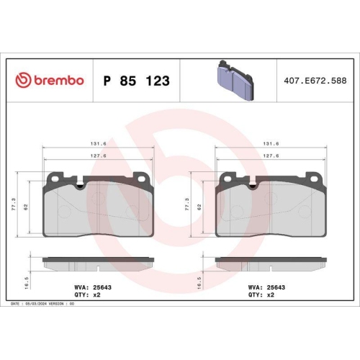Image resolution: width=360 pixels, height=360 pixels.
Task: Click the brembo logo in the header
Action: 50,81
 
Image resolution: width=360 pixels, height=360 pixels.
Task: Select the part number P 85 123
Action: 137,81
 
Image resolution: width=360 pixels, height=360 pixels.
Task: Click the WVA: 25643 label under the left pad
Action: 92,286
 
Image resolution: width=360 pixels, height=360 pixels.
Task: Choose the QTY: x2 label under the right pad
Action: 261,295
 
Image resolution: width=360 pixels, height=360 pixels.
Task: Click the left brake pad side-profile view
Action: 98,259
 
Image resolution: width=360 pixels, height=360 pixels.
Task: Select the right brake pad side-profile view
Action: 271,259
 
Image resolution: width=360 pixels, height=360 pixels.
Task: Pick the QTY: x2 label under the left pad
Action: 88,295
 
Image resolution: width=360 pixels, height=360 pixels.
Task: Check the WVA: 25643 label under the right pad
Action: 265,286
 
